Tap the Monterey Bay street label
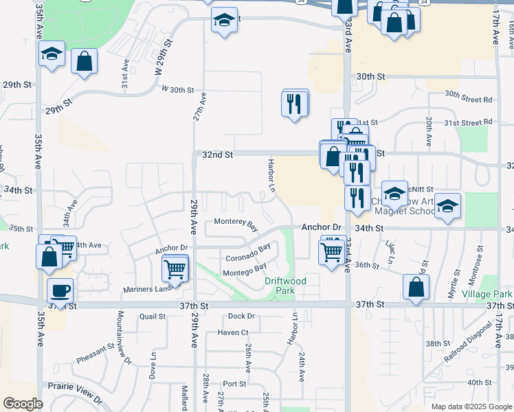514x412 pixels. point(236,223)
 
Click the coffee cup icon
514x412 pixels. point(60,290)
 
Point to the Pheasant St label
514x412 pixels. point(94,354)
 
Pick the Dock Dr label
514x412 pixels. point(241,316)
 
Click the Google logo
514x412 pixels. point(23,404)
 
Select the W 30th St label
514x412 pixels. point(178,90)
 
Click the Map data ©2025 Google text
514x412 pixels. point(471,407)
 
